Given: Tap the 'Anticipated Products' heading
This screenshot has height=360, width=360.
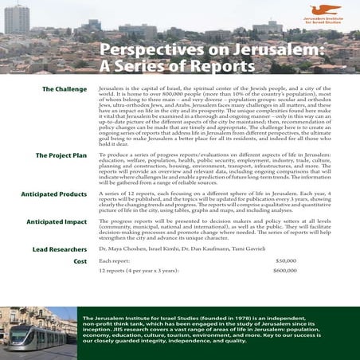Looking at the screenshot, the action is [x=57, y=194].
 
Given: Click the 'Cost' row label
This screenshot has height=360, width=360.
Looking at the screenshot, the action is [x=80, y=260].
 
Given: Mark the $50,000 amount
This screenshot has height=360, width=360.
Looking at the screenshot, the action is [x=286, y=261].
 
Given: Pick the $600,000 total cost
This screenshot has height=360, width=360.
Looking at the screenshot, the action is [x=284, y=272].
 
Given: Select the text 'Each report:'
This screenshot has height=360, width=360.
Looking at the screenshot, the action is [x=114, y=261].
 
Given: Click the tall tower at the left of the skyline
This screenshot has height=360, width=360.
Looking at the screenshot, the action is [x=17, y=18].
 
